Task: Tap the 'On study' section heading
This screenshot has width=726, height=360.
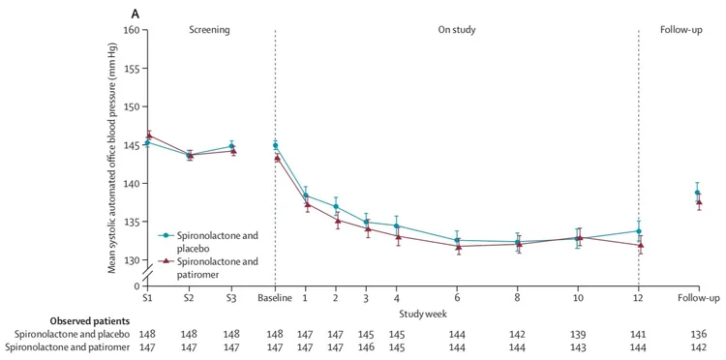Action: (458, 30)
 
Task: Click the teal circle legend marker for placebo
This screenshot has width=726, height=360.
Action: (166, 235)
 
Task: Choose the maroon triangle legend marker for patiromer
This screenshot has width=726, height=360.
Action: (166, 260)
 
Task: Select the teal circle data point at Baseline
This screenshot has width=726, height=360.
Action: (275, 145)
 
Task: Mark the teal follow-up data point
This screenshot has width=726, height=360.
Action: (697, 193)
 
